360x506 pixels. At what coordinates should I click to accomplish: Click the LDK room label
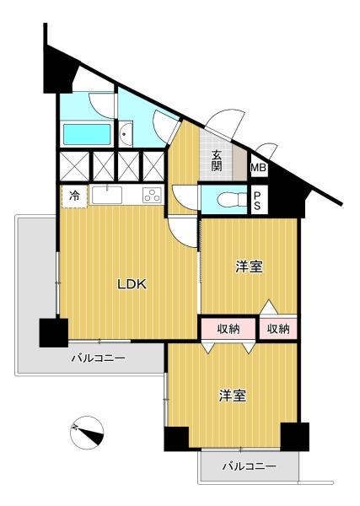(x=132, y=284)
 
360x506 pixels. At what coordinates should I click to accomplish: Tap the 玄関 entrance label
(x=217, y=161)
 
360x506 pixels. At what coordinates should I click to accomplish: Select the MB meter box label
(x=259, y=168)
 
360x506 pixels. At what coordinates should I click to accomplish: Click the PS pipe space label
(x=257, y=201)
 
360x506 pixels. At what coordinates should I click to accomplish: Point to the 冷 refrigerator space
(x=74, y=196)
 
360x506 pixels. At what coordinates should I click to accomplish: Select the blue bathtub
(x=87, y=135)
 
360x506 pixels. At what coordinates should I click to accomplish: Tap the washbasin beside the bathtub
(x=125, y=134)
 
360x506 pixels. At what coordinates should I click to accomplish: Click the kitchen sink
(x=107, y=195)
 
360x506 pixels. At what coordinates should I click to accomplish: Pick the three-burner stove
(x=153, y=196)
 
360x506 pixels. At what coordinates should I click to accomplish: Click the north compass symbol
(x=87, y=433)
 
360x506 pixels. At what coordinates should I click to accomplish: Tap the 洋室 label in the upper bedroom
(x=249, y=266)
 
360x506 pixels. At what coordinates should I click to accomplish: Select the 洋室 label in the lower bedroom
(x=233, y=396)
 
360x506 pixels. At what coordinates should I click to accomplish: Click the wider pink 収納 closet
(x=228, y=329)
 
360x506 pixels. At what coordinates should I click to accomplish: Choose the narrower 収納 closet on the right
(x=278, y=329)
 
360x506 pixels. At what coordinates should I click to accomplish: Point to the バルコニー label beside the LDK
(x=98, y=358)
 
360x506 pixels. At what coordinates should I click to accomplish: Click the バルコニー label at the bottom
(x=250, y=466)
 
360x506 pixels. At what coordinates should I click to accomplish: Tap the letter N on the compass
(x=75, y=428)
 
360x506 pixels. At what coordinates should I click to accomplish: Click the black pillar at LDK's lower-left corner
(x=54, y=333)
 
